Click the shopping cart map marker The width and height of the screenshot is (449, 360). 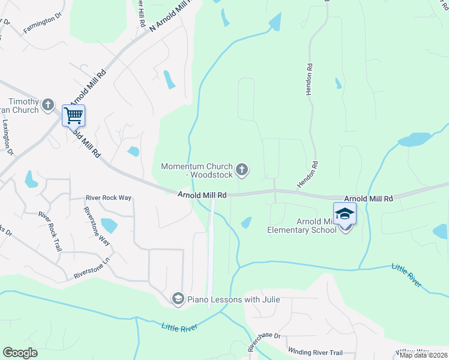point(73,115)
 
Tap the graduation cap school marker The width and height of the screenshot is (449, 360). point(345,214)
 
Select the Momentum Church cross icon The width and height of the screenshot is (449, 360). point(242,170)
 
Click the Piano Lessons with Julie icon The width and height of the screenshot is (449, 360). point(178,298)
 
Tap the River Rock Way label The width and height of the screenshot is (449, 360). point(108,197)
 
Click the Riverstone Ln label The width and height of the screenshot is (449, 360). point(93,268)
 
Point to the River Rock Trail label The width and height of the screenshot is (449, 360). point(49,230)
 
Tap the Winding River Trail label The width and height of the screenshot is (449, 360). point(315,353)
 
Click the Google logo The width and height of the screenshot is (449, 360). point(20,352)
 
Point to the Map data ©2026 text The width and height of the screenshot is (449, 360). point(423,355)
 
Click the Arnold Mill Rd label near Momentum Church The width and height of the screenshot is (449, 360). point(202,195)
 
